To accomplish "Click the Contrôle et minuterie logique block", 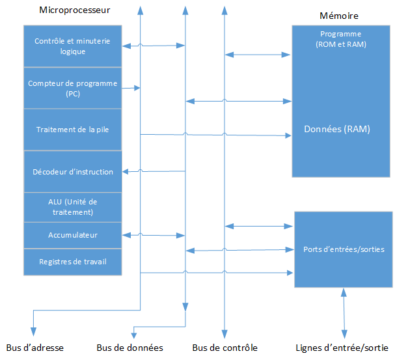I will click(x=72, y=46).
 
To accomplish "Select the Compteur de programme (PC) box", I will click(x=72, y=88).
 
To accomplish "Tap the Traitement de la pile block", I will click(x=72, y=129).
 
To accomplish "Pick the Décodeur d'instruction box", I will click(x=72, y=172).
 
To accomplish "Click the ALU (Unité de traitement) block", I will click(x=72, y=206).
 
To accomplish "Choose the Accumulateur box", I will click(x=72, y=234).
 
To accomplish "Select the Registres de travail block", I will click(x=72, y=262).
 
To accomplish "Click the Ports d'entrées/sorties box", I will click(x=344, y=249).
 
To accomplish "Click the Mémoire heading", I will click(x=339, y=16).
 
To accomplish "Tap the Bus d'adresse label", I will click(x=34, y=348).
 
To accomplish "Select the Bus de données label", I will click(x=129, y=348).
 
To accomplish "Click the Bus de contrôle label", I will click(x=225, y=348).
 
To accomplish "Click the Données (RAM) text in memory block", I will click(x=336, y=129).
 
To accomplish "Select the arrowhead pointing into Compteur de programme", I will click(x=137, y=87).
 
